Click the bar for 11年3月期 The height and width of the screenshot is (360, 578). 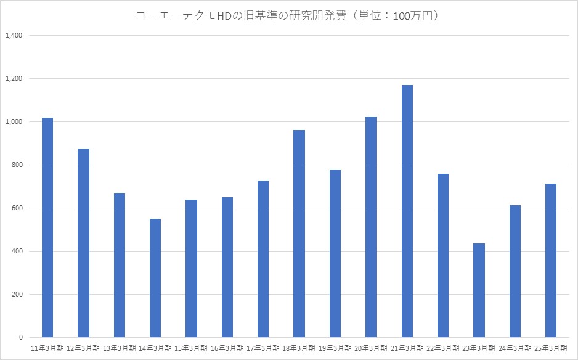47,227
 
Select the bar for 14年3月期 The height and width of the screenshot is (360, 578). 155,278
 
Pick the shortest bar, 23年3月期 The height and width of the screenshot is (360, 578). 479,290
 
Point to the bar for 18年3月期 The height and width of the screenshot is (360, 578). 299,234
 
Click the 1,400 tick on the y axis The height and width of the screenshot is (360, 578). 14,35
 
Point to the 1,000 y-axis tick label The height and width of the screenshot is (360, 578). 14,121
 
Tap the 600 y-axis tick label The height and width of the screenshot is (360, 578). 17,208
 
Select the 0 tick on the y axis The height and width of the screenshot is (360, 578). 20,337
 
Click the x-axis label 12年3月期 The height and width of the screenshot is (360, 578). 83,349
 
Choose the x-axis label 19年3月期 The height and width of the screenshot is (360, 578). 335,349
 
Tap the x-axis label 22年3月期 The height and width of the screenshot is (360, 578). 443,349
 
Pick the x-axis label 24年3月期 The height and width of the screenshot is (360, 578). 515,349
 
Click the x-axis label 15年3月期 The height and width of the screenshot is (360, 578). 191,349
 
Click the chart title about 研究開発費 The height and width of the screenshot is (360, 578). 288,16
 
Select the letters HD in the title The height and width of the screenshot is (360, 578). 235,16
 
